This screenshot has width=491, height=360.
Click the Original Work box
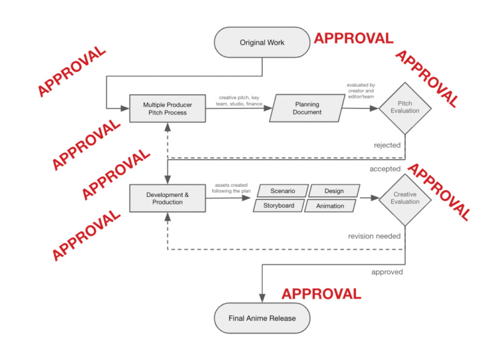pyautogui.click(x=261, y=43)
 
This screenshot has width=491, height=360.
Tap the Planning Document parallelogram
pyautogui.click(x=307, y=108)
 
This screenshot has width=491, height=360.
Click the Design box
pyautogui.click(x=333, y=191)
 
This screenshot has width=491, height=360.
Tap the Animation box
pyautogui.click(x=330, y=206)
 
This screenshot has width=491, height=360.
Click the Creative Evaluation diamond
pyautogui.click(x=405, y=198)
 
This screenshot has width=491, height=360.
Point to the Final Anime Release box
pyautogui.click(x=262, y=318)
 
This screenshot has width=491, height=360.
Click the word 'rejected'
pyautogui.click(x=387, y=145)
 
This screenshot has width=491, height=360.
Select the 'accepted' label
pyautogui.click(x=385, y=169)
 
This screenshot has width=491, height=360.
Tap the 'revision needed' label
pyautogui.click(x=374, y=236)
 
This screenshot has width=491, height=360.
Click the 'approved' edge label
pyautogui.click(x=387, y=272)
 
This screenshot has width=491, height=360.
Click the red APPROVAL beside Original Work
pyautogui.click(x=353, y=38)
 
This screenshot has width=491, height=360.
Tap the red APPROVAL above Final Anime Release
pyautogui.click(x=321, y=293)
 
